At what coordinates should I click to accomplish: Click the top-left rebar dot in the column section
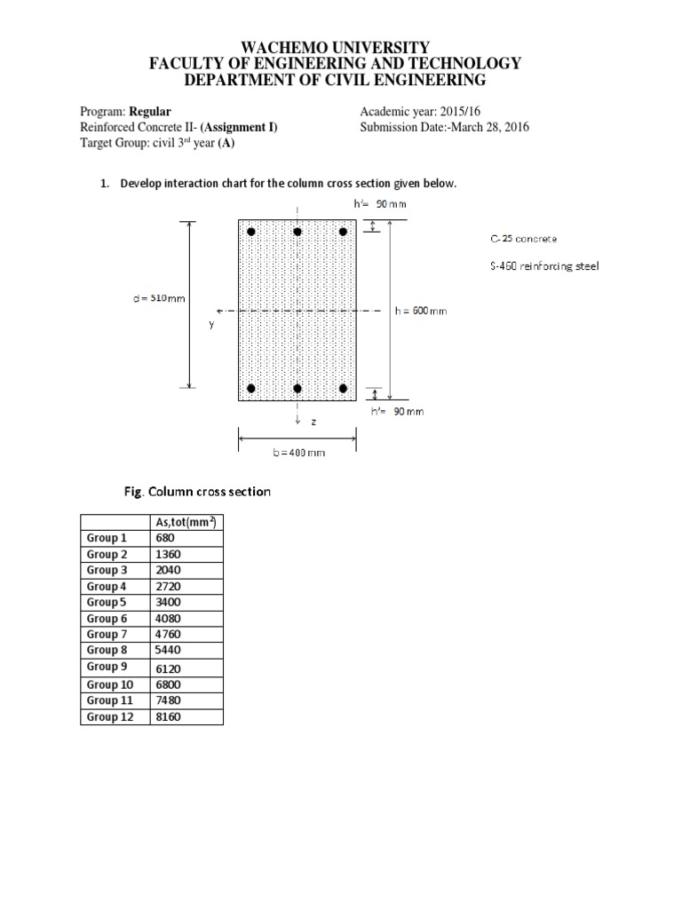click(x=251, y=232)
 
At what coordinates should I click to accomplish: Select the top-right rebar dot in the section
click(x=344, y=232)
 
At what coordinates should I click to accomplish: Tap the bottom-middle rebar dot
click(x=297, y=389)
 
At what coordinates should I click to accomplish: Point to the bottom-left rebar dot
click(x=251, y=389)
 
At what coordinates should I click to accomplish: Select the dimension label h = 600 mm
click(x=421, y=311)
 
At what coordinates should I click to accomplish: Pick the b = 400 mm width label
click(x=297, y=452)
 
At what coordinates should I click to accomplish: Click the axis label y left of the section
click(x=211, y=325)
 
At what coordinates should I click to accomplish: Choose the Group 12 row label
click(x=110, y=716)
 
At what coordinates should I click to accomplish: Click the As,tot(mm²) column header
click(x=186, y=522)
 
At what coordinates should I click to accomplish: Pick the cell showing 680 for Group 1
click(x=165, y=538)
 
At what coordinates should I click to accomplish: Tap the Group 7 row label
click(x=107, y=635)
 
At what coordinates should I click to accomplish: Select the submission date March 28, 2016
click(x=488, y=127)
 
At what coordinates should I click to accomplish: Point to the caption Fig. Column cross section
click(x=196, y=491)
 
